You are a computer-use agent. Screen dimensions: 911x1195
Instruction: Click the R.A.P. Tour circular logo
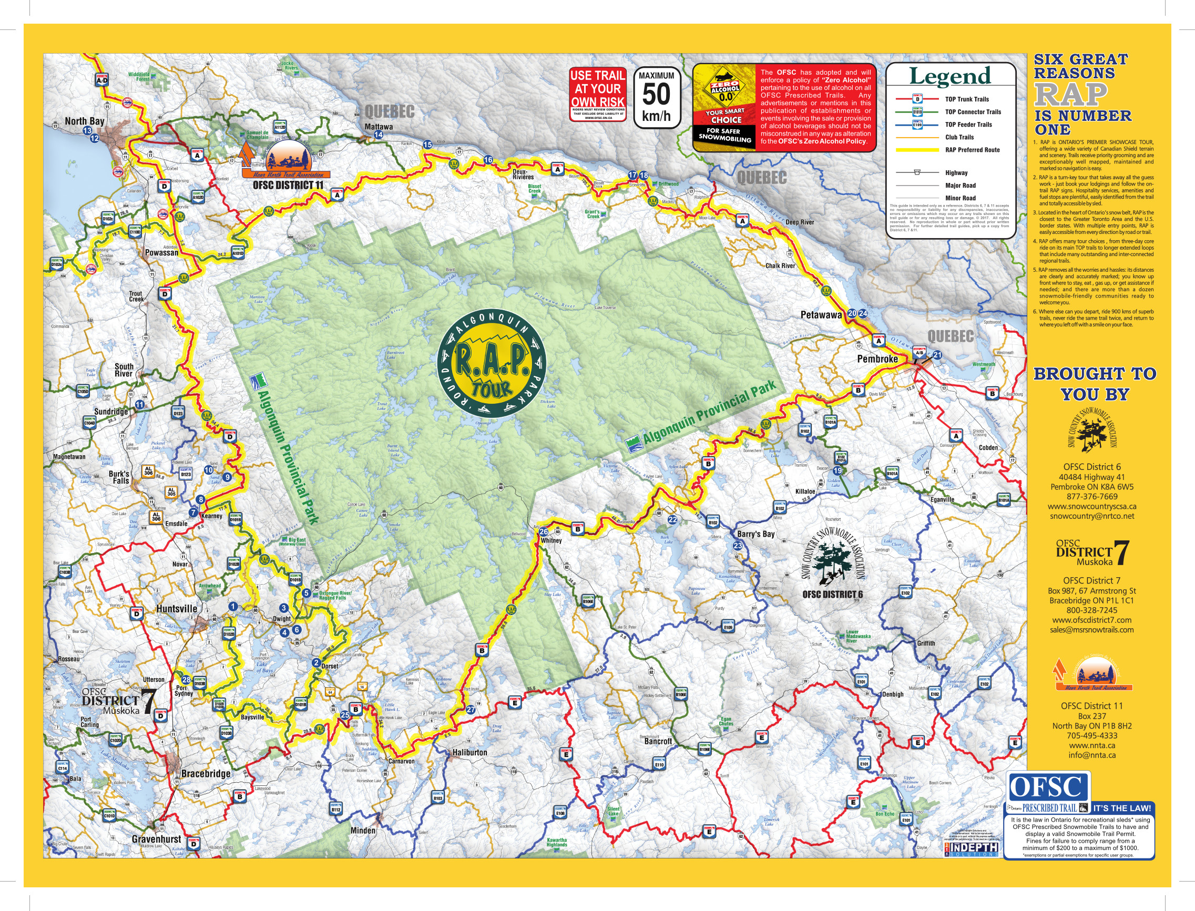(x=491, y=363)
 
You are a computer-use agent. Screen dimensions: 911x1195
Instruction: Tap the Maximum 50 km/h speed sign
(x=657, y=98)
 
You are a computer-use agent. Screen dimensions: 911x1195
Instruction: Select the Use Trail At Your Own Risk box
(x=597, y=94)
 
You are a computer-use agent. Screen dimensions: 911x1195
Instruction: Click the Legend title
(x=949, y=76)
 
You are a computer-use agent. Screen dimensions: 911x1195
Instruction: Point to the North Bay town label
(x=84, y=121)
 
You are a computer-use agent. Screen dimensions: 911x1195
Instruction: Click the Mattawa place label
(x=379, y=126)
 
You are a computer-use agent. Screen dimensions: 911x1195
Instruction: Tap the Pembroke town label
(x=877, y=359)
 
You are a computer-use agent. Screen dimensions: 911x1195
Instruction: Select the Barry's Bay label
(x=756, y=534)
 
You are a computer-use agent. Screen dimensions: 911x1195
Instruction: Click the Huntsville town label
(x=177, y=608)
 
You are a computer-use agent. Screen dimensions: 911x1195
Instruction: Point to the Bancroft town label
(x=658, y=741)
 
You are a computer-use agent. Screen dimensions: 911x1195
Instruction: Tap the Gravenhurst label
(x=156, y=839)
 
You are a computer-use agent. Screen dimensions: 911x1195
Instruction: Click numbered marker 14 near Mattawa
(x=379, y=135)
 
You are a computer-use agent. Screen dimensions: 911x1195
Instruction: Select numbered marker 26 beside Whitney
(x=543, y=532)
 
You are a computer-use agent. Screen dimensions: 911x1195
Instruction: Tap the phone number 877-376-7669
(x=1091, y=496)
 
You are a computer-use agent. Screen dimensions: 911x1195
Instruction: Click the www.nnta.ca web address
(x=1091, y=745)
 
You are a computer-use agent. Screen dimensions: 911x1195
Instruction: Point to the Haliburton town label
(x=469, y=753)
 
